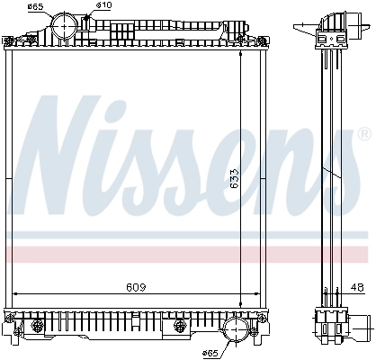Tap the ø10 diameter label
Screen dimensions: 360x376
(105, 6)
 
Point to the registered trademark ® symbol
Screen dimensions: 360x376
(363, 133)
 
